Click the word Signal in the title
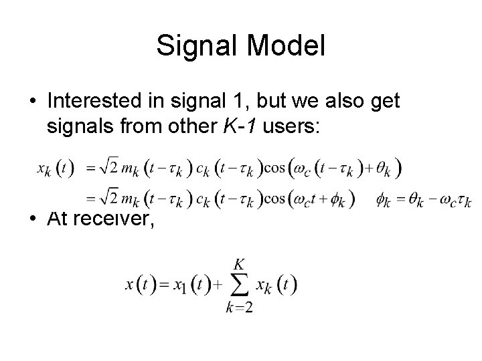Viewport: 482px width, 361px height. (x=194, y=46)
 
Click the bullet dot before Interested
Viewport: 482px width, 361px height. (x=32, y=101)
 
